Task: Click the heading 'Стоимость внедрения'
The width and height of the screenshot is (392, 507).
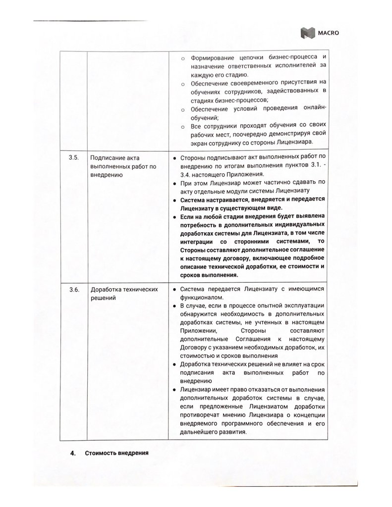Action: (x=116, y=453)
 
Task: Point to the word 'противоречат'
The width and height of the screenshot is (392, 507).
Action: (x=202, y=414)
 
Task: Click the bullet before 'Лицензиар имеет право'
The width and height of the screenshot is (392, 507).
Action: (x=169, y=390)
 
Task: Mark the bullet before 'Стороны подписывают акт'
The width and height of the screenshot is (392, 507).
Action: (x=169, y=157)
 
